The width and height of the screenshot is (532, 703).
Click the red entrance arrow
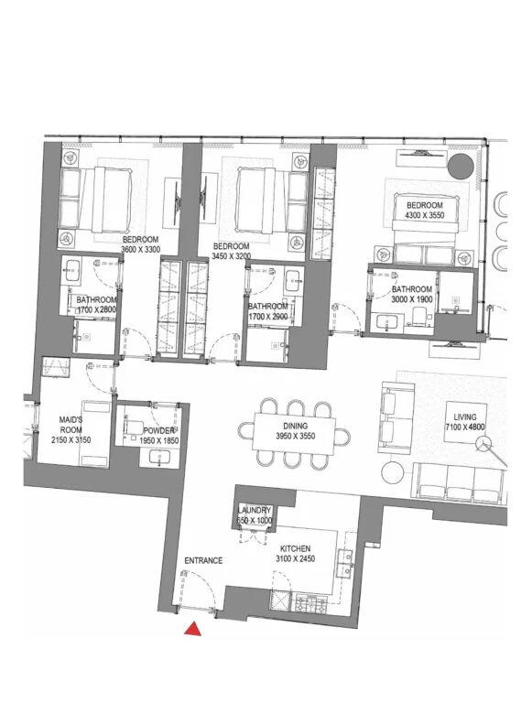[192, 630]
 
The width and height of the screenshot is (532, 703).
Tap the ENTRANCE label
[203, 560]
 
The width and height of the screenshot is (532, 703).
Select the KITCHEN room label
[295, 549]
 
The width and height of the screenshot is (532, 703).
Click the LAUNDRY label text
[255, 510]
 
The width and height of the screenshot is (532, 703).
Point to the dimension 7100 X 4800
[465, 427]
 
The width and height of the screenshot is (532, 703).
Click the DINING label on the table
[295, 426]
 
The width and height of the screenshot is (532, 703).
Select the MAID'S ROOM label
[71, 425]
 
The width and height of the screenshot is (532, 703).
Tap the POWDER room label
[158, 431]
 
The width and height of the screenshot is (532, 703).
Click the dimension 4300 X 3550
[425, 215]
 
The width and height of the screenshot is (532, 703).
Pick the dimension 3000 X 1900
[412, 299]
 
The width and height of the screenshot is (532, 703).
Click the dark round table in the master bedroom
[461, 167]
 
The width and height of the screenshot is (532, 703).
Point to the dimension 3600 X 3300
[140, 249]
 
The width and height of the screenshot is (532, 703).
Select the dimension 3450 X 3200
[231, 256]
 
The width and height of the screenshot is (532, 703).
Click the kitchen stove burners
[309, 603]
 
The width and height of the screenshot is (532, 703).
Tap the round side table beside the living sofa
[393, 472]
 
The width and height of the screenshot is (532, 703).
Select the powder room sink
[158, 458]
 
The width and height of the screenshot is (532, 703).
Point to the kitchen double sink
[345, 563]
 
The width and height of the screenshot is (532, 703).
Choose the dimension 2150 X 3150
[71, 440]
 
